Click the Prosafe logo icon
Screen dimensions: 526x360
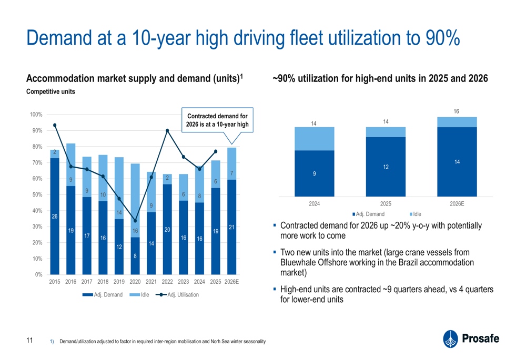point(450,339)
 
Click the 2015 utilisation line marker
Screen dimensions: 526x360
point(55,126)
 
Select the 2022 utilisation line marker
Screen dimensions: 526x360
point(167,131)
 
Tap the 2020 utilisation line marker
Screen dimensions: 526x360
point(135,221)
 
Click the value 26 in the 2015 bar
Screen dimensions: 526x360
point(55,217)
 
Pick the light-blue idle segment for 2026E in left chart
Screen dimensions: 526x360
point(232,163)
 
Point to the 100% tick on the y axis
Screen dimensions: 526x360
point(36,115)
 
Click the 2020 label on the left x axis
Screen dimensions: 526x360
point(135,282)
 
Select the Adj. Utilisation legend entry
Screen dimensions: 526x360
point(177,295)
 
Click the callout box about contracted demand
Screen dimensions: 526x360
point(217,120)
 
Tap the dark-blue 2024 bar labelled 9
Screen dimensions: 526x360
point(315,173)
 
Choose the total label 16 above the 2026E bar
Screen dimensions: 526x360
point(456,111)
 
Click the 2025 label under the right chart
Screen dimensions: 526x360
point(386,203)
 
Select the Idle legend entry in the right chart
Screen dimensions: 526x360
point(416,214)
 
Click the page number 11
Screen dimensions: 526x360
point(29,340)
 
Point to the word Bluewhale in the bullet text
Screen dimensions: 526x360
point(298,262)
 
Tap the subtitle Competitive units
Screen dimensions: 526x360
point(50,91)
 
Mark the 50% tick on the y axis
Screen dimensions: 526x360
point(37,195)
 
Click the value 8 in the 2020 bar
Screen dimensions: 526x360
point(135,256)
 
